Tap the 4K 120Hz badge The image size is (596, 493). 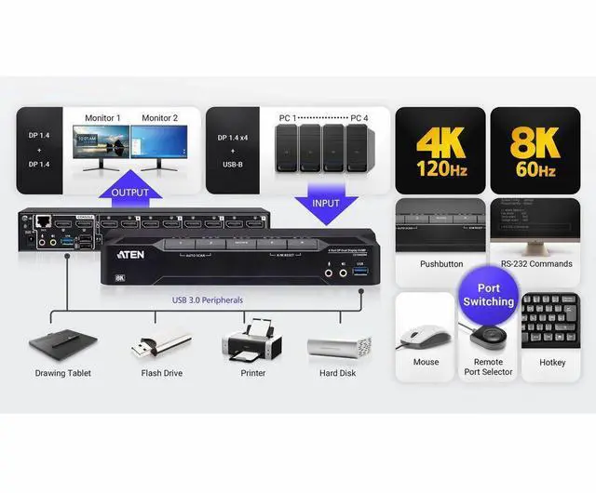(440, 149)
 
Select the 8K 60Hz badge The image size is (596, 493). (535, 149)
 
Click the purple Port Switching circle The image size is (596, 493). (488, 295)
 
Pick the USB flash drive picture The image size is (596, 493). (160, 346)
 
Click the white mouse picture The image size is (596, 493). (424, 330)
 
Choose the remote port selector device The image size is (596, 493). (486, 336)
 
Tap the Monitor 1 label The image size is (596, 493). (102, 118)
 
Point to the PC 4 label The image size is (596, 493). (358, 118)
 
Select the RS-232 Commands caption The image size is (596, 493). (536, 264)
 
